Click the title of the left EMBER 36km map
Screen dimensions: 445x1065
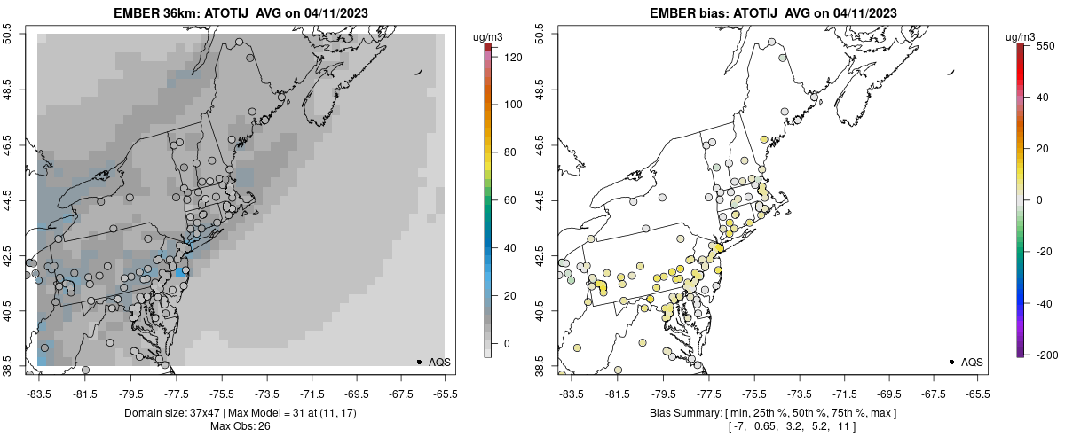(240, 13)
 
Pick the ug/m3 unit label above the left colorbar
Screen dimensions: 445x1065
(489, 36)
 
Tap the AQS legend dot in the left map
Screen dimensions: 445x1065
(419, 362)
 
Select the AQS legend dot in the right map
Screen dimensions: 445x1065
(951, 362)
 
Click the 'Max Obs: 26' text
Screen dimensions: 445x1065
(240, 426)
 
